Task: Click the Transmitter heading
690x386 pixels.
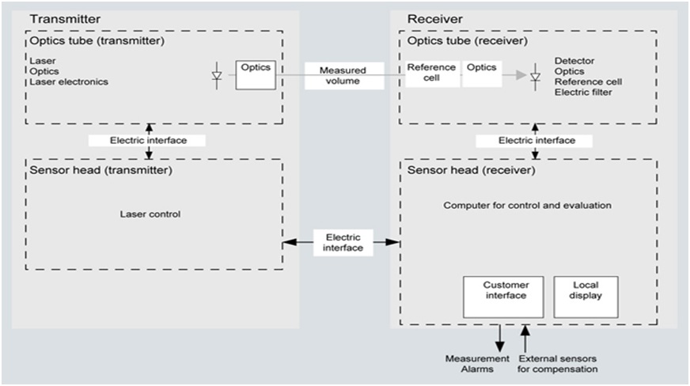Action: pos(65,19)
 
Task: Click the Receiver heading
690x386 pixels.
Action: pos(434,19)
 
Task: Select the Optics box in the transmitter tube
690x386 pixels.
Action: pos(256,75)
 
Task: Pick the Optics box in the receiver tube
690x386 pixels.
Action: pos(482,74)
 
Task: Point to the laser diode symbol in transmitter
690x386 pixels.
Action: pos(217,76)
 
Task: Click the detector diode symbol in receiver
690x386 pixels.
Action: pos(535,77)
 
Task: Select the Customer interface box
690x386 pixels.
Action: pos(503,297)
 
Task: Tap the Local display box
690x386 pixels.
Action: pos(586,297)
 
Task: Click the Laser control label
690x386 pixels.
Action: pos(150,214)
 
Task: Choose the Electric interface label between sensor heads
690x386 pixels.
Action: pos(343,243)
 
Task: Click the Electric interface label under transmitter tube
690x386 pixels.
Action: pos(148,141)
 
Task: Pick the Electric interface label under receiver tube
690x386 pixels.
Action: pos(536,141)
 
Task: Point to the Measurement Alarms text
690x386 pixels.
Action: pos(477,364)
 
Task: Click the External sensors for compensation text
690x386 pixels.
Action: pos(558,364)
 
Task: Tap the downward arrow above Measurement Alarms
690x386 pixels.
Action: pos(499,339)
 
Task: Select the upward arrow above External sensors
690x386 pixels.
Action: pos(525,339)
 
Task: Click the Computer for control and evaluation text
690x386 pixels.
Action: pos(527,206)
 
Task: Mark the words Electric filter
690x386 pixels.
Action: pos(583,93)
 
